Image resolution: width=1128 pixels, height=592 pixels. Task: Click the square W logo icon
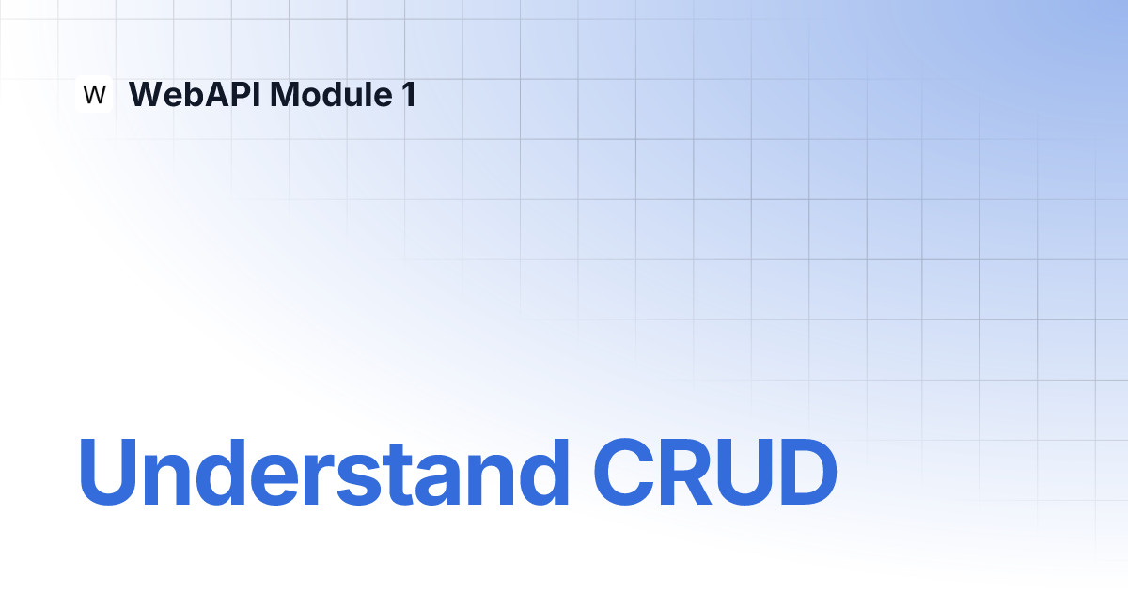click(94, 94)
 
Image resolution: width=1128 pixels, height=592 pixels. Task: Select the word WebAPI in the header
click(195, 94)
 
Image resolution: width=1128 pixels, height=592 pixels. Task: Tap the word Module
click(331, 94)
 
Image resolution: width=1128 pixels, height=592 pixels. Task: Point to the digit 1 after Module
click(410, 94)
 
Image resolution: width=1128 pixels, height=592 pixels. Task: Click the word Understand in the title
click(323, 472)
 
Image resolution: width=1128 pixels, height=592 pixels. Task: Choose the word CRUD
click(715, 472)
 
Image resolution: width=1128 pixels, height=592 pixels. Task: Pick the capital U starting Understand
click(108, 472)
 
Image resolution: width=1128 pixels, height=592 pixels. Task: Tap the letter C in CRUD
click(624, 472)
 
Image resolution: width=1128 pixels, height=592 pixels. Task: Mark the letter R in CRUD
click(686, 472)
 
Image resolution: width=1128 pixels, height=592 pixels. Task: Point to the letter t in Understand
click(398, 475)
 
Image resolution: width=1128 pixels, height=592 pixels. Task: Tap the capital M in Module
click(286, 94)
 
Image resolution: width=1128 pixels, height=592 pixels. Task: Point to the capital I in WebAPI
click(258, 94)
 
